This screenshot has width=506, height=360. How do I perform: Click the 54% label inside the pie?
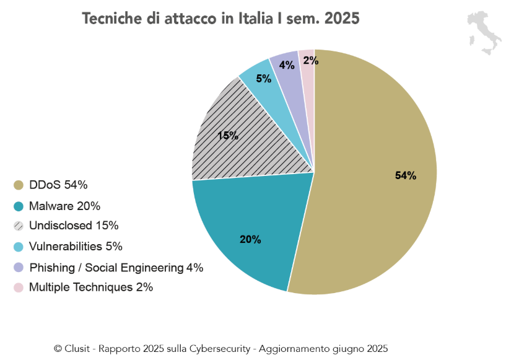406,175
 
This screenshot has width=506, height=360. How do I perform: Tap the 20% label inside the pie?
250,239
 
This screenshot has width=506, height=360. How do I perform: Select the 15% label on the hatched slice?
228,136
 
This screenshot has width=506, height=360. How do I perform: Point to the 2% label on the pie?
311,61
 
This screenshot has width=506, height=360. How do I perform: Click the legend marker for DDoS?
19,185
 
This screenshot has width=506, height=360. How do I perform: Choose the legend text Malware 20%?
64,206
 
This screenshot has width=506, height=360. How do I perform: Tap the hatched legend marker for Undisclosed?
19,226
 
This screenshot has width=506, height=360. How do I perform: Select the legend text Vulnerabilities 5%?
76,247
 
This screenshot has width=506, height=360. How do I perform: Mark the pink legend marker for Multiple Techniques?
19,288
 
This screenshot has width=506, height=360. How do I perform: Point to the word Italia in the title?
252,19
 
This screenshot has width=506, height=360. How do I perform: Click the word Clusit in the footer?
79,349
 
